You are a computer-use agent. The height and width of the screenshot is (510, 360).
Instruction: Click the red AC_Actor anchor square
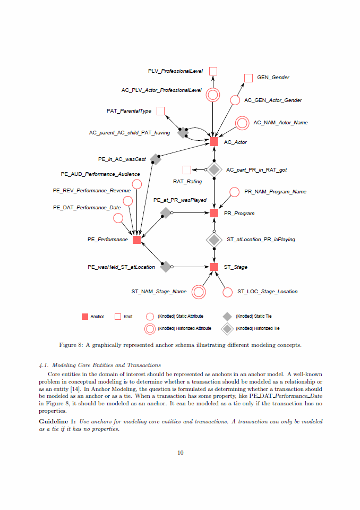(214, 141)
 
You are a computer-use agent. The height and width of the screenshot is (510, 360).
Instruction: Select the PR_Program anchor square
(214, 213)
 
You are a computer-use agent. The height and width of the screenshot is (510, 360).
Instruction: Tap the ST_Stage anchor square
(214, 267)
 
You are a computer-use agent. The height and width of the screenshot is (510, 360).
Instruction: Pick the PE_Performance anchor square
(136, 240)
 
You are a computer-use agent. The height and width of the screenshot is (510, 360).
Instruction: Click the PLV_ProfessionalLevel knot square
(213, 71)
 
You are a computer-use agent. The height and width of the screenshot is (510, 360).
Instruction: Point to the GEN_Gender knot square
(248, 78)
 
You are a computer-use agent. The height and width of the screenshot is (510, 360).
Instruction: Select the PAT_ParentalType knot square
(160, 111)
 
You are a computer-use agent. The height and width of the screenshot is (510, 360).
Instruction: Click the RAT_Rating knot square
(186, 170)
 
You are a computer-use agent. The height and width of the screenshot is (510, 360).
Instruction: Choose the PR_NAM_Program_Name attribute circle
(234, 192)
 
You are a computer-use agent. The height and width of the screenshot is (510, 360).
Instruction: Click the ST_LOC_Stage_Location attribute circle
(227, 292)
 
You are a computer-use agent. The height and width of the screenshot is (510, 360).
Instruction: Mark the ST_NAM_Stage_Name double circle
(199, 292)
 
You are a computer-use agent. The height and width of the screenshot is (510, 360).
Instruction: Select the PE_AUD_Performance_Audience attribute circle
(136, 184)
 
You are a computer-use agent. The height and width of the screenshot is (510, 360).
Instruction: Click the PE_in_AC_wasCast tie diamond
(155, 159)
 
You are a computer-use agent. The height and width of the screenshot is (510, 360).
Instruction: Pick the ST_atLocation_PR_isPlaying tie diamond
(214, 240)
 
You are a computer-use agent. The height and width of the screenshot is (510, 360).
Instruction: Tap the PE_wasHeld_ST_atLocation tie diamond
(166, 267)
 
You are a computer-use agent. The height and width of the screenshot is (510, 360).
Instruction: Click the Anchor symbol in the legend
(85, 317)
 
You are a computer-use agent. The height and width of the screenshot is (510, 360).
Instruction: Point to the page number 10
(180, 453)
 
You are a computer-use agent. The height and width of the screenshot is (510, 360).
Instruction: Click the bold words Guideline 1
(58, 421)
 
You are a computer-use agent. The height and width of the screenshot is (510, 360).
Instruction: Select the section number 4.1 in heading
(44, 365)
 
